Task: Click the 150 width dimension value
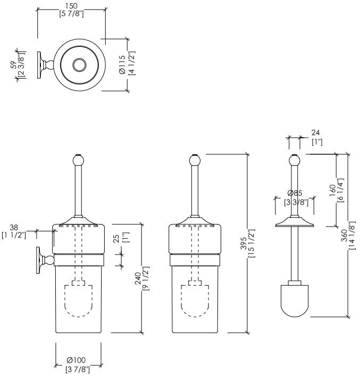(x=71, y=5)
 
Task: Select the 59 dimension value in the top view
(x=14, y=64)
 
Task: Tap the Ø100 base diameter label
(x=77, y=361)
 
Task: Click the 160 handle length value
(x=333, y=190)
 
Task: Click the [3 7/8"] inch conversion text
(x=78, y=370)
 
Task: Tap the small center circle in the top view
(x=80, y=65)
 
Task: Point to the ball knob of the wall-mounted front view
(x=78, y=160)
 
